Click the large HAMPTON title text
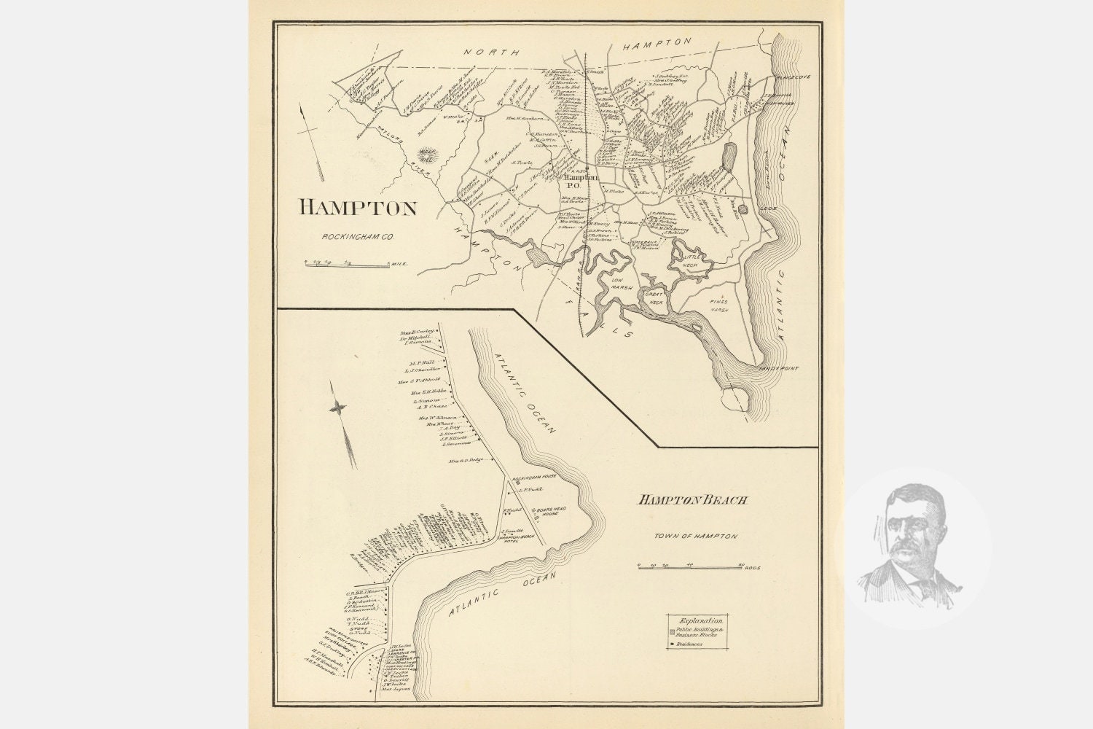click(358, 208)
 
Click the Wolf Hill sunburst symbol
click(427, 155)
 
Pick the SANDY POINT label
click(778, 369)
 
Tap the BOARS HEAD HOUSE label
click(549, 511)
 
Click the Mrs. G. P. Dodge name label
click(466, 461)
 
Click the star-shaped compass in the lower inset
click(338, 410)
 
